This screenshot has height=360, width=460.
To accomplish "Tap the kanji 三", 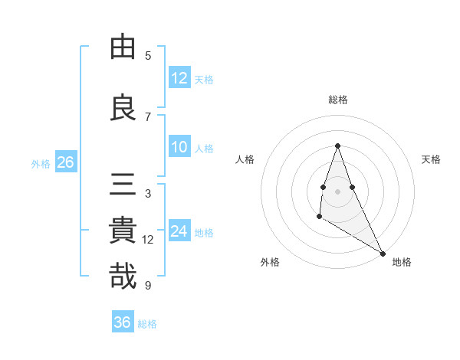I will tap(123, 185).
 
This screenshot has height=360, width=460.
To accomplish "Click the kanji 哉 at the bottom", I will tap(123, 277).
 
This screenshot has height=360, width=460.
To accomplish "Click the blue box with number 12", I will tap(179, 77).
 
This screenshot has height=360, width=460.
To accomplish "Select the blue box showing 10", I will tap(179, 147).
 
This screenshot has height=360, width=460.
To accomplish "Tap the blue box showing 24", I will tap(179, 231).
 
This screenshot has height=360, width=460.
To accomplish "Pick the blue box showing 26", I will tap(65, 162).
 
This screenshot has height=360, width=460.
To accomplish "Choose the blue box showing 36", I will tap(123, 322).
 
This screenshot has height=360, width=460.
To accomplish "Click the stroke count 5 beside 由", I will tap(148, 56).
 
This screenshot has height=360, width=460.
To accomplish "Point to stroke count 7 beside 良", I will tap(148, 117).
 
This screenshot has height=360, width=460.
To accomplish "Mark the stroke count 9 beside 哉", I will tap(148, 286).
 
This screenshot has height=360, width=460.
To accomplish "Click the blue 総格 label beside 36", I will tap(147, 324).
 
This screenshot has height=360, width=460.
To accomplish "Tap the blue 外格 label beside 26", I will tap(41, 163).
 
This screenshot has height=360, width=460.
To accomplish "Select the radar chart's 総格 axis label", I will tap(338, 100).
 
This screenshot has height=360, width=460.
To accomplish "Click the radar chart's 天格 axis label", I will tap(431, 159).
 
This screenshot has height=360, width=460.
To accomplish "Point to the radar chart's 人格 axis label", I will tap(245, 159).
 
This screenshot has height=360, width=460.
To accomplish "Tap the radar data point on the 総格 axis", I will tap(338, 146).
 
